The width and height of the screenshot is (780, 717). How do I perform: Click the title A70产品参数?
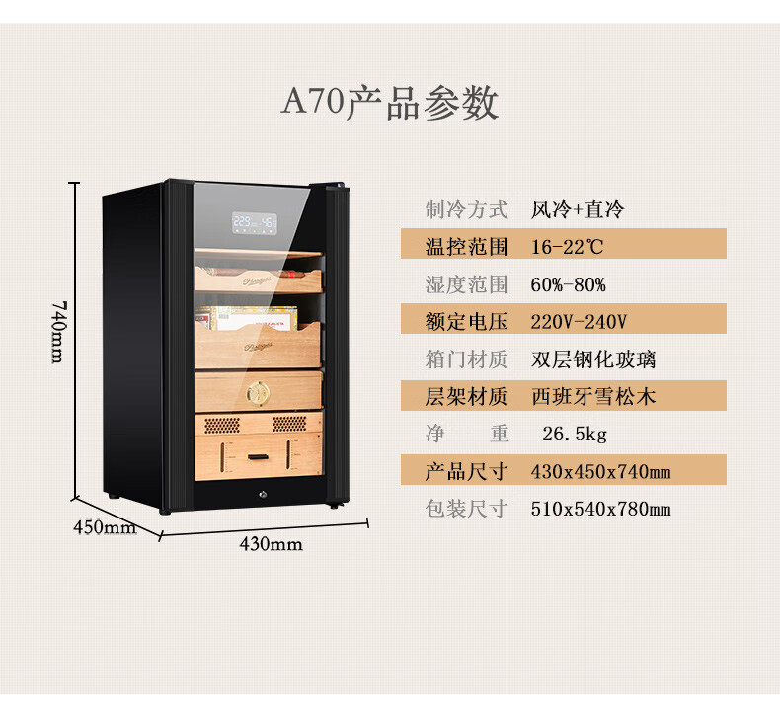coord(390,103)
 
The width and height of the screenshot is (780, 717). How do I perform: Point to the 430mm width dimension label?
coord(272,544)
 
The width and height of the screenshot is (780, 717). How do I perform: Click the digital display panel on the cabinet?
coord(255,222)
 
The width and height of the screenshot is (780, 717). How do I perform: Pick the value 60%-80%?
coord(568,285)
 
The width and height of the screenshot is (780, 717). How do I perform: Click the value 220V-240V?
coord(579,322)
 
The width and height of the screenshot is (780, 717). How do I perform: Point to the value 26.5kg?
coord(575,435)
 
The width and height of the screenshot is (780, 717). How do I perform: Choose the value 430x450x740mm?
coord(600,472)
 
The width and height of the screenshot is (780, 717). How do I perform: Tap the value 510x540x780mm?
coord(600,510)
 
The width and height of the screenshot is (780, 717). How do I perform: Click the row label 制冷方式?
coord(466,209)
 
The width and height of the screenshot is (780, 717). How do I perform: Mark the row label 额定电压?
coord(466,322)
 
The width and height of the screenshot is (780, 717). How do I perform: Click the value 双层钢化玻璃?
coord(592,359)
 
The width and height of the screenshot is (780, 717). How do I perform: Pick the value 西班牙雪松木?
coord(592,397)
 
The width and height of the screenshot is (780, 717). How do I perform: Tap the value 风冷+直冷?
coord(578,209)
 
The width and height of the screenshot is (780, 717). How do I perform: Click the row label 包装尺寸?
coord(466,510)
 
